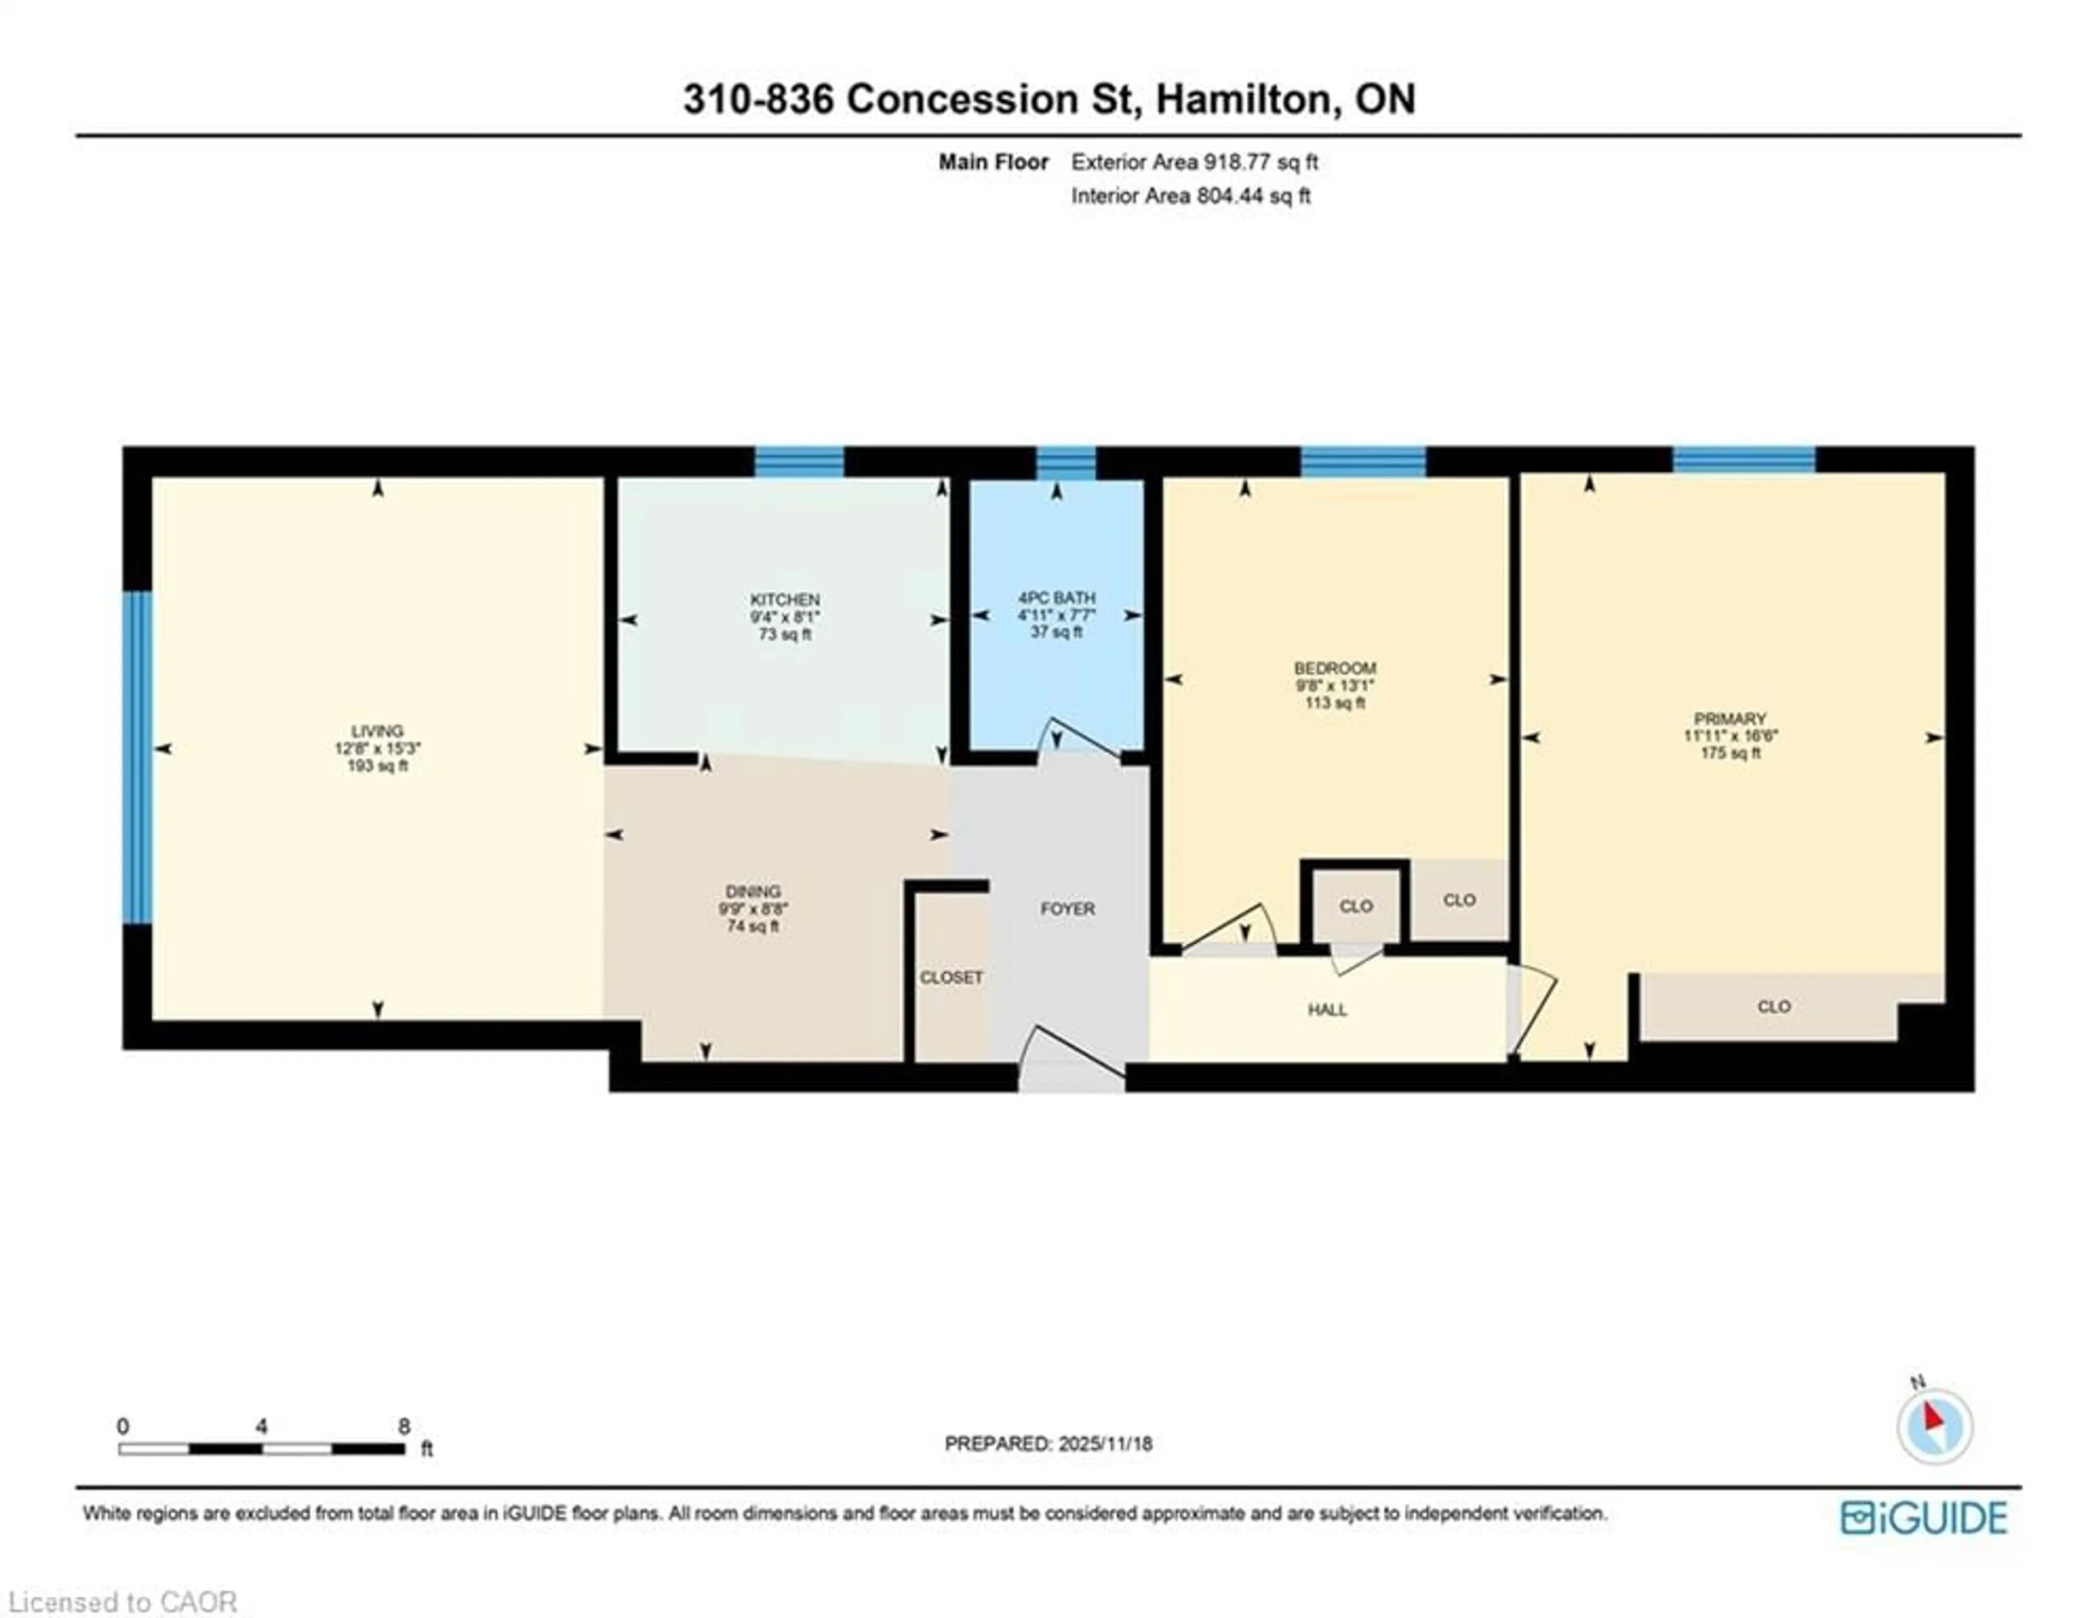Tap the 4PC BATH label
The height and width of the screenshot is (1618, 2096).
pyautogui.click(x=1057, y=597)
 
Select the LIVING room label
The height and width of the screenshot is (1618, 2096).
pyautogui.click(x=377, y=730)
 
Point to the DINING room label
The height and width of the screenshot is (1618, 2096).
pyautogui.click(x=753, y=890)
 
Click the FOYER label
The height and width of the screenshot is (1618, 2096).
pyautogui.click(x=1067, y=908)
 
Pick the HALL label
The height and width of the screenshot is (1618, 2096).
pyautogui.click(x=1327, y=1009)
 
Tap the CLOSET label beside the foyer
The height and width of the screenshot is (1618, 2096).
pyautogui.click(x=951, y=977)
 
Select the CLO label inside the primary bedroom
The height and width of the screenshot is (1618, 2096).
pyautogui.click(x=1773, y=1006)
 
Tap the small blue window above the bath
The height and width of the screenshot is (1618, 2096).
pyautogui.click(x=1065, y=462)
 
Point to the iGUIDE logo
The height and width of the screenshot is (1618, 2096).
pyautogui.click(x=1924, y=1517)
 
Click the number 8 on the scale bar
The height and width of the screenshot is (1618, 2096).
pyautogui.click(x=404, y=1426)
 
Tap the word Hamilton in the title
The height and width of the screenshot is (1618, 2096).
pyautogui.click(x=1244, y=99)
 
